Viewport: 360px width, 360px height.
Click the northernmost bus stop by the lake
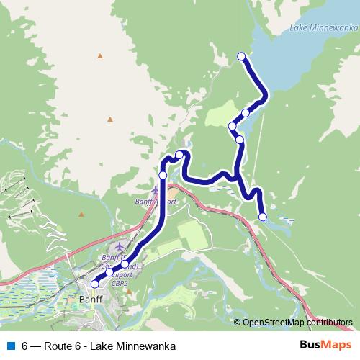pos(241,56)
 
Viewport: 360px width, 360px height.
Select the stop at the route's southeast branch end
pos(262,217)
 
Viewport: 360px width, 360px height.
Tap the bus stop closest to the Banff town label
pos(94,284)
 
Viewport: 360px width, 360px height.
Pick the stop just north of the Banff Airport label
pos(163,175)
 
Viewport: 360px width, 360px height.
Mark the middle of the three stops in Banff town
pos(109,272)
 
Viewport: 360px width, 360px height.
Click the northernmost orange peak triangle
pos(100,55)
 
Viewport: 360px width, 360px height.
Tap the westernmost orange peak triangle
pos(82,214)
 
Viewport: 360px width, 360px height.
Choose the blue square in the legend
pos(10,346)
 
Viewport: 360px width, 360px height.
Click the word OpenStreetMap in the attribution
pos(273,323)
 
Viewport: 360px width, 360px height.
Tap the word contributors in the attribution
pos(328,323)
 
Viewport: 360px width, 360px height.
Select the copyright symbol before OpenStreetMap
pos(238,323)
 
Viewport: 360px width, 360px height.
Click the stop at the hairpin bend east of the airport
pos(180,154)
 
